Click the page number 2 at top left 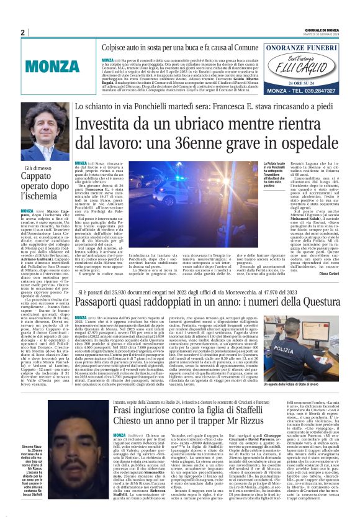coord(22,32)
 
